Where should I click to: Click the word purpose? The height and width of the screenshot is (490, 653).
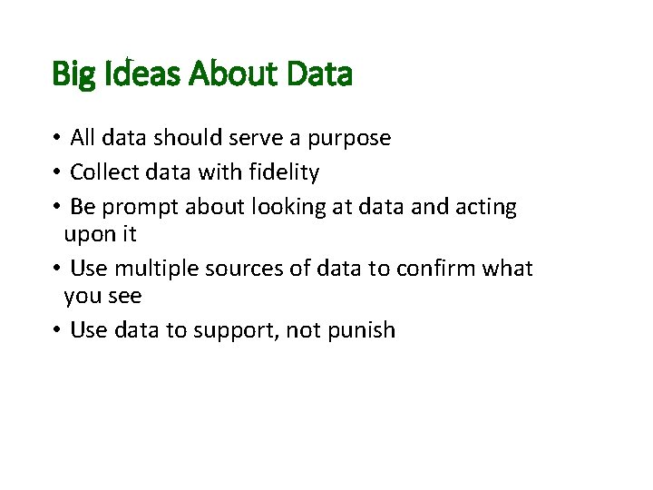pyautogui.click(x=349, y=139)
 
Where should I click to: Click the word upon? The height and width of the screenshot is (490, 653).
pyautogui.click(x=89, y=234)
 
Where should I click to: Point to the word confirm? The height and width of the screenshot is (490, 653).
pyautogui.click(x=433, y=269)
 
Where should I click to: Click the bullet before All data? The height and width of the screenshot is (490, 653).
pyautogui.click(x=56, y=138)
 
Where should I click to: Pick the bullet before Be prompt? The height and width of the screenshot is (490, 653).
pyautogui.click(x=56, y=207)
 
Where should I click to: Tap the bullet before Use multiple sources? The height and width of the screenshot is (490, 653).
pyautogui.click(x=56, y=269)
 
